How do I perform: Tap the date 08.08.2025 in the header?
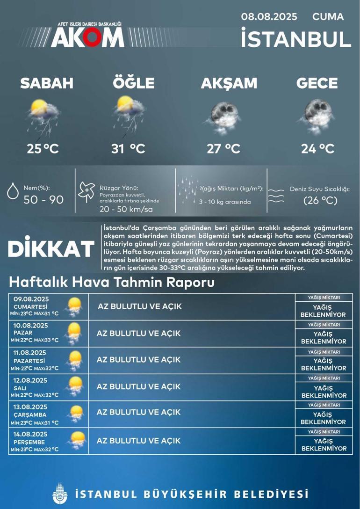269,17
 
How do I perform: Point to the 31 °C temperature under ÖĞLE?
128,149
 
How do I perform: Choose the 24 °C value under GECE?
317,149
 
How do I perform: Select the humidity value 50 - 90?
43,200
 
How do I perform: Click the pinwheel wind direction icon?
86,192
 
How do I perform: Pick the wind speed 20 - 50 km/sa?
126,209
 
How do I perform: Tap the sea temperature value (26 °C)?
320,201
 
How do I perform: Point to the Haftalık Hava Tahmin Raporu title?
112,283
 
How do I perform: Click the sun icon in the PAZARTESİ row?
74,360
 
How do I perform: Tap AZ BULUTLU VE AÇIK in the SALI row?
138,386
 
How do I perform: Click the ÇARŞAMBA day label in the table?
30,414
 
